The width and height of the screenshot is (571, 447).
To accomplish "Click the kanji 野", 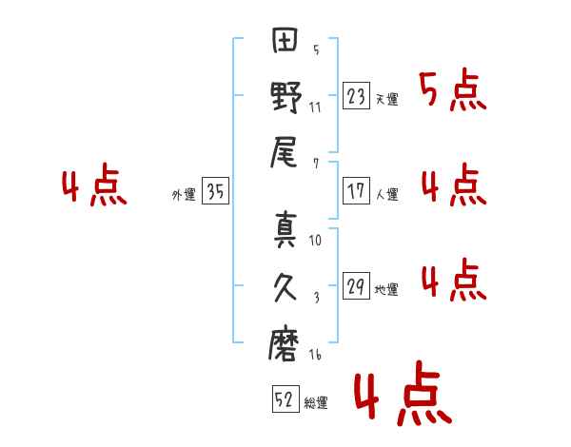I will [x=286, y=99].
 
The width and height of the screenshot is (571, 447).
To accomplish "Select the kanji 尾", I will [x=285, y=152].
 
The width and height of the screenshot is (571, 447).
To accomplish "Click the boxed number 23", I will [x=357, y=95].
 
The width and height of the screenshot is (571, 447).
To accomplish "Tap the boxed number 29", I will [x=357, y=285].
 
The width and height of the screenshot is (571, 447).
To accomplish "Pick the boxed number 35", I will [x=216, y=192].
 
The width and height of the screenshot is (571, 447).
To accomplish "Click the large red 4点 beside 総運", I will [x=401, y=397].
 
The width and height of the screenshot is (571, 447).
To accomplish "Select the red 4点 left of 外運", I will [x=93, y=187].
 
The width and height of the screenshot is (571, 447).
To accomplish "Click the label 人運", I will [x=386, y=195].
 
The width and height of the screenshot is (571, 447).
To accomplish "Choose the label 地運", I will [x=386, y=290].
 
